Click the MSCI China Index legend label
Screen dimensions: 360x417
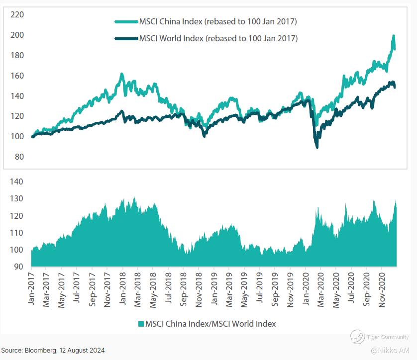click(x=218, y=22)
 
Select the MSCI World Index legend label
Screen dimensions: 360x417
click(x=218, y=38)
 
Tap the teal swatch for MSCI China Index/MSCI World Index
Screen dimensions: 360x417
click(x=141, y=324)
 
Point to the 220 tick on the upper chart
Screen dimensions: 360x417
click(x=17, y=15)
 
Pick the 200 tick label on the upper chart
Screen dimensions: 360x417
click(x=17, y=35)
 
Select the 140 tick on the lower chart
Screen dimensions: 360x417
click(x=17, y=182)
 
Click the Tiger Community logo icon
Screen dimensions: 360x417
click(x=357, y=337)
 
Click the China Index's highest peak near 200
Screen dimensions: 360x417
click(x=394, y=37)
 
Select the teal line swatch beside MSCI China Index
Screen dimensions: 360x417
click(x=126, y=22)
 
